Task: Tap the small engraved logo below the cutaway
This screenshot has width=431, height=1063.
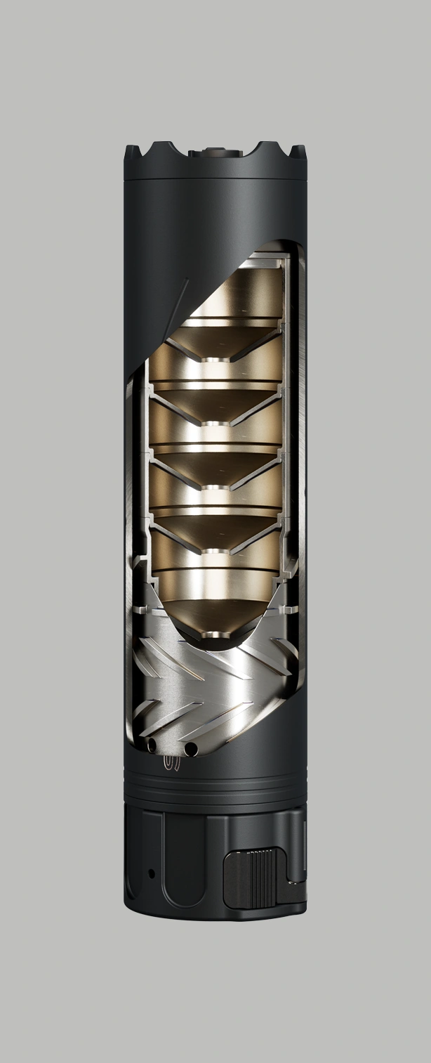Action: [x=171, y=762]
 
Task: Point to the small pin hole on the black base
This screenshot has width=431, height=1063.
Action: [x=151, y=873]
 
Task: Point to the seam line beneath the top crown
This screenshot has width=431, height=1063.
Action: [x=215, y=178]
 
